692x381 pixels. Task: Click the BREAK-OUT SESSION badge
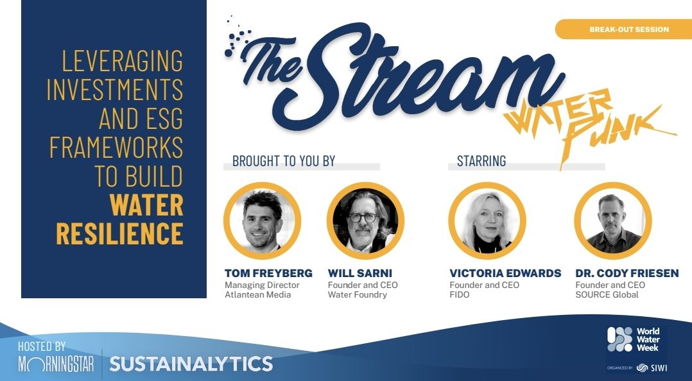point(628,30)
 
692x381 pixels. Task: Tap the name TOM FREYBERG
point(268,273)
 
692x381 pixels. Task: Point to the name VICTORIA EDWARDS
point(505,273)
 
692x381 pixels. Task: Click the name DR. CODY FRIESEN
point(627,273)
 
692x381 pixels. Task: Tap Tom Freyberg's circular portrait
point(262,221)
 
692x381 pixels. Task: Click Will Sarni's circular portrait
point(365,221)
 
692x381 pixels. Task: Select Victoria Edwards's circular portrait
point(487,221)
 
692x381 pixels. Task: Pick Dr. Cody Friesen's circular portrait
point(613,221)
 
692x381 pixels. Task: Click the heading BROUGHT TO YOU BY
point(284,161)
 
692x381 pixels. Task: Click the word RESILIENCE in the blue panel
point(119,233)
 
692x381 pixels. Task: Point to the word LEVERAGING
point(122,62)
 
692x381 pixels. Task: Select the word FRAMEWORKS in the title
point(116,148)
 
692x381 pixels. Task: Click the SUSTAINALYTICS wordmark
point(191,364)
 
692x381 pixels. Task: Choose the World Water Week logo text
point(647,339)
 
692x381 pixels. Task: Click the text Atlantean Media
point(257,295)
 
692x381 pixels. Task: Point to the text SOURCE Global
point(607,295)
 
